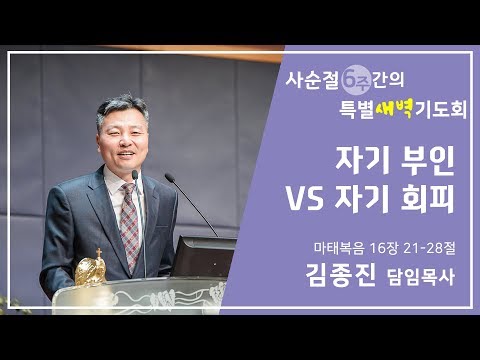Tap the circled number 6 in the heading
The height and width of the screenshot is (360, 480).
click(354, 78)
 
